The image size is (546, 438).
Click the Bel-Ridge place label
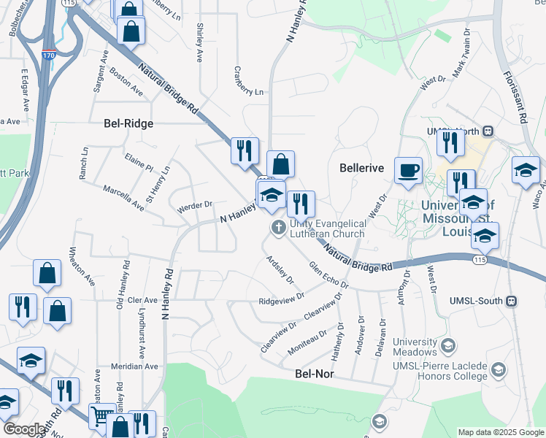coord(128,123)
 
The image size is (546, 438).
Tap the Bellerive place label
coord(362,168)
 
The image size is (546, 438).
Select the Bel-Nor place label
coord(314,373)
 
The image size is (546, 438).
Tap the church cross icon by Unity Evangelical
coord(278,228)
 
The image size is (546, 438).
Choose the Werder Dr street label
coord(194,207)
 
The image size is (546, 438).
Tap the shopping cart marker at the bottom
coord(101,417)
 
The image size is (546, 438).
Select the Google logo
coord(24,429)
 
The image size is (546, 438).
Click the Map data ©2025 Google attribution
coord(501,432)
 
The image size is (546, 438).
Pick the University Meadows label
coord(415,347)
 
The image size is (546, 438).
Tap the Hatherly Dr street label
coord(337,337)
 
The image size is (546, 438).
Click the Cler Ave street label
coord(142,300)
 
